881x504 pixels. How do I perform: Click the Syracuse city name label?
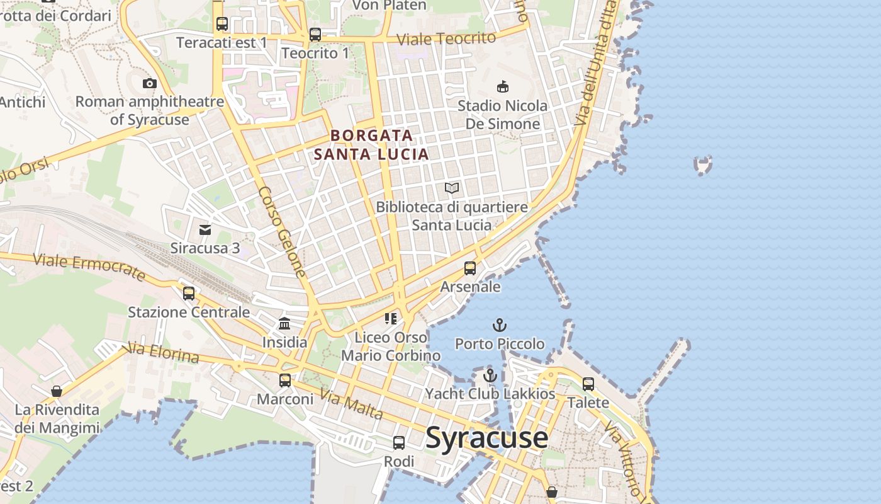coord(486,438)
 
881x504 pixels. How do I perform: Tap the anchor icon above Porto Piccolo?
coord(499,326)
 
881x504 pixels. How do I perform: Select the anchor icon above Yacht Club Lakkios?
coord(490,375)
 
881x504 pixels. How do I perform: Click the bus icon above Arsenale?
coord(470,268)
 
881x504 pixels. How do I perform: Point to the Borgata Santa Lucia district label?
coord(371,144)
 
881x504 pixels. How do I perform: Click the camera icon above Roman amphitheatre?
coord(149,83)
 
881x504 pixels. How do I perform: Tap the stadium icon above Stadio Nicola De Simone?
coord(502,86)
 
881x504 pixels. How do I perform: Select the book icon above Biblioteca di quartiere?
coord(451,188)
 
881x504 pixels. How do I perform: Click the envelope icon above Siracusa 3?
coord(205,230)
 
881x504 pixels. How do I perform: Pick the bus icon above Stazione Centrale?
coord(189,294)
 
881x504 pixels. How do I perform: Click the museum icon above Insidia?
coord(284,324)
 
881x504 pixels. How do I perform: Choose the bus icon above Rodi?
coord(399,443)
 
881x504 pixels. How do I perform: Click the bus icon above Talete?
coord(588,384)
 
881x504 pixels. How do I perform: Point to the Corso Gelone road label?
coord(282,232)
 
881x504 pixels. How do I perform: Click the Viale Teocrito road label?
coord(446,38)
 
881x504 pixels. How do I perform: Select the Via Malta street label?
coord(351,404)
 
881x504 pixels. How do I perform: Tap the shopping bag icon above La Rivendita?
coord(57,391)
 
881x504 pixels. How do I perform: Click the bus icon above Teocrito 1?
coord(315,35)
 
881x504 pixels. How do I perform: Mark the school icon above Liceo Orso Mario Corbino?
coord(391,319)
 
